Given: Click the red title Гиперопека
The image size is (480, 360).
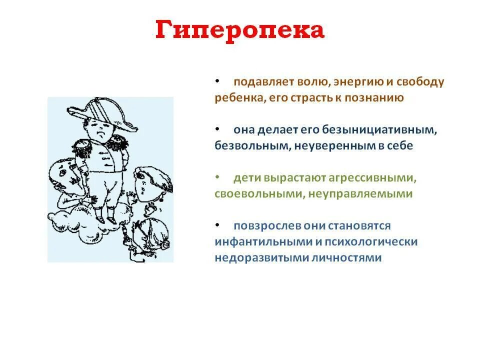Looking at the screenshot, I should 240,31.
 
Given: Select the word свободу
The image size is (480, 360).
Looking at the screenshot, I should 419,81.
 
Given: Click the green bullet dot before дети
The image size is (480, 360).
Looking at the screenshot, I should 217,177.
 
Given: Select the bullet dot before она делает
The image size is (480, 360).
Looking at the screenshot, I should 217,129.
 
